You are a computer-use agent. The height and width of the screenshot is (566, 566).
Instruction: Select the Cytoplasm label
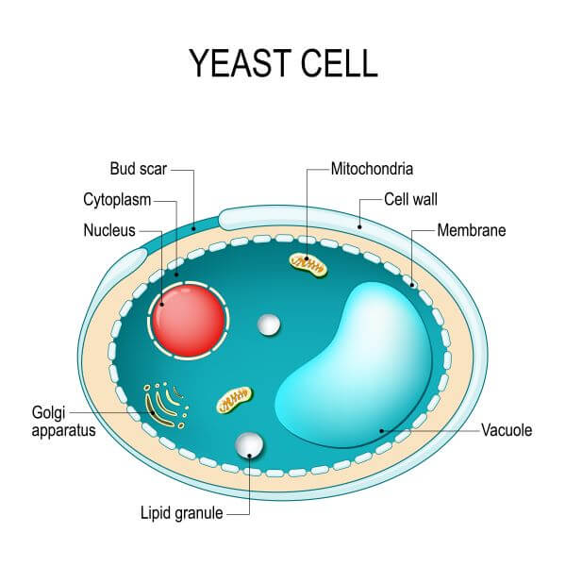[117, 200]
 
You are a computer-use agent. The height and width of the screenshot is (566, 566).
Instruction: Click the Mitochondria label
[373, 171]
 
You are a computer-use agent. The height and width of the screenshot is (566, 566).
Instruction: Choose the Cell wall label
[410, 199]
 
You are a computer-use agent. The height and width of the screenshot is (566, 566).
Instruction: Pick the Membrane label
[472, 229]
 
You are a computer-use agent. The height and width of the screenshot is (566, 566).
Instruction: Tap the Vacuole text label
[507, 430]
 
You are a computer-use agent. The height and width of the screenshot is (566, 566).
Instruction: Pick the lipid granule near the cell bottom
[249, 443]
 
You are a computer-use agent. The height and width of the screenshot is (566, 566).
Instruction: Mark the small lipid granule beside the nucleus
[269, 325]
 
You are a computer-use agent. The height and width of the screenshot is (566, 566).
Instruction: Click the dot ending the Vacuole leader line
[381, 430]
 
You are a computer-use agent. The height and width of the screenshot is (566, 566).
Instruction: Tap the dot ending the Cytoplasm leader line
[176, 273]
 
